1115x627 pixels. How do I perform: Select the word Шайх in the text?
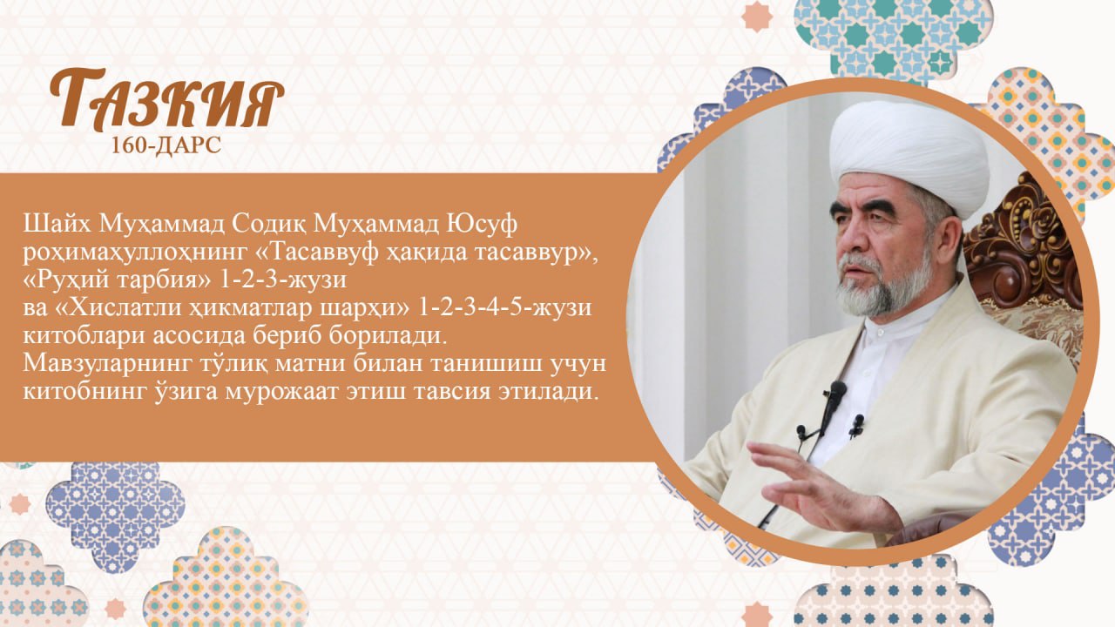(x=57, y=225)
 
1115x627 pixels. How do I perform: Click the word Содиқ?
(x=269, y=226)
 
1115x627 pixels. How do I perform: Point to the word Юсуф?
(x=480, y=226)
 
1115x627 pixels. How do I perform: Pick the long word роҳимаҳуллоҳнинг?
(x=134, y=253)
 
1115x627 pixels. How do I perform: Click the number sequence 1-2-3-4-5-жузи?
(x=504, y=309)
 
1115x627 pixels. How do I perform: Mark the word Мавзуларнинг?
(x=107, y=365)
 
